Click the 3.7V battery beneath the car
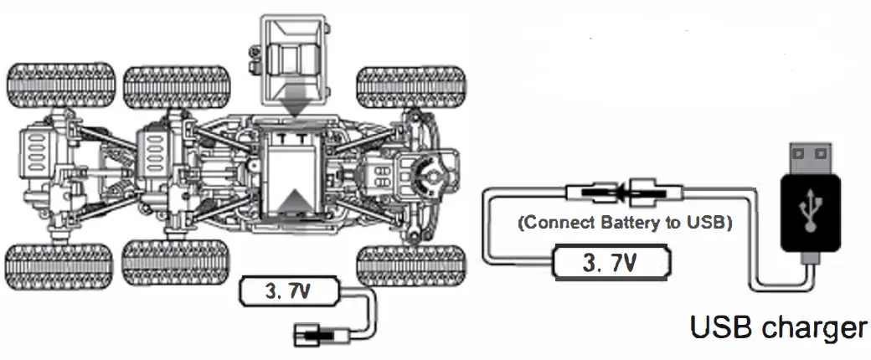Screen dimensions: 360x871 pos(288,291)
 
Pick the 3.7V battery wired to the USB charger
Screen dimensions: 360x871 pos(611,262)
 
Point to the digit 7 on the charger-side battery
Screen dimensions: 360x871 pos(621,262)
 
